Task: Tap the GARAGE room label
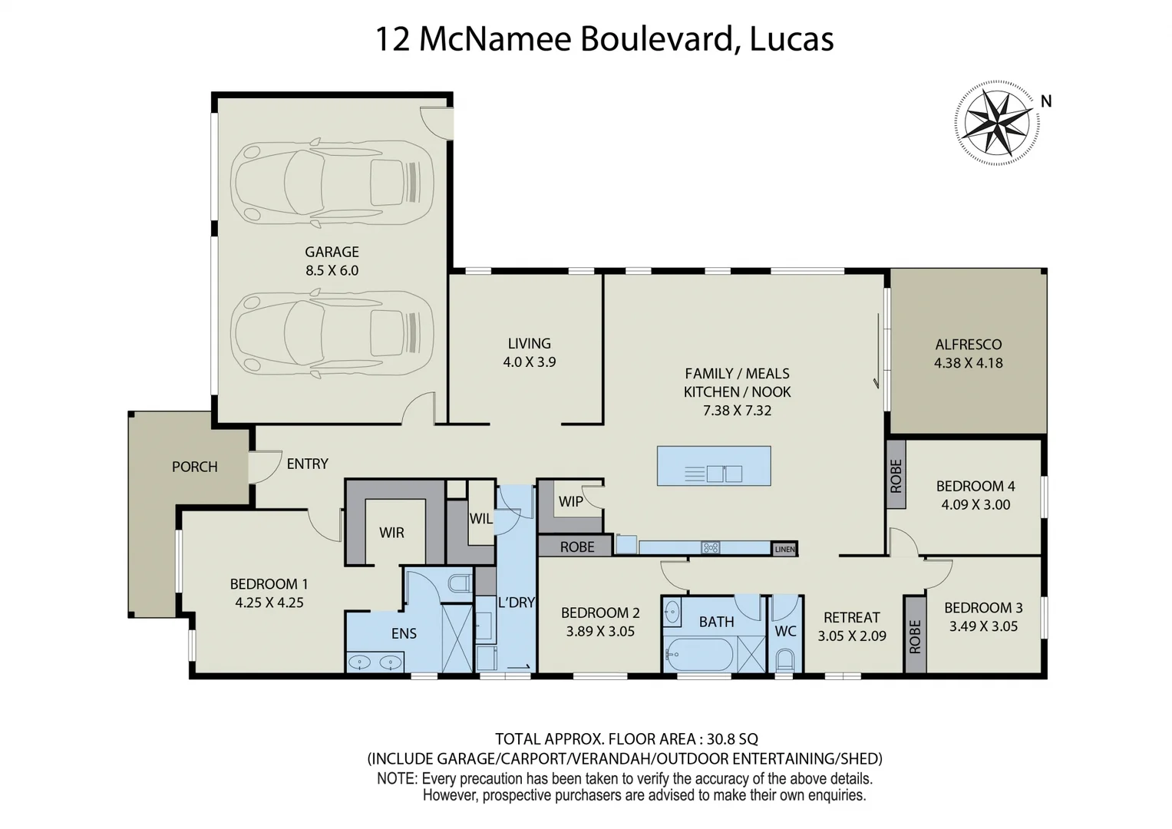click(x=332, y=252)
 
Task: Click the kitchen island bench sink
click(x=724, y=474)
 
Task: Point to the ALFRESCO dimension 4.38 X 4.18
click(x=968, y=363)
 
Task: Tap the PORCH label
click(x=194, y=467)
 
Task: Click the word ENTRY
click(x=307, y=464)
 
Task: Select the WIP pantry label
click(x=570, y=501)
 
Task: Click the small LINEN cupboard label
click(x=784, y=549)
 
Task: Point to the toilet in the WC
click(x=785, y=659)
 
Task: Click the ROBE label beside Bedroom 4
click(x=896, y=475)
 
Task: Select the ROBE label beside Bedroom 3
click(x=914, y=636)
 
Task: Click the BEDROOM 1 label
click(x=269, y=584)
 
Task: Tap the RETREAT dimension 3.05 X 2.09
click(x=851, y=636)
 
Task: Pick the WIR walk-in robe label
click(x=391, y=532)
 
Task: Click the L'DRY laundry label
click(x=516, y=603)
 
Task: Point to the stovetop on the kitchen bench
click(x=711, y=547)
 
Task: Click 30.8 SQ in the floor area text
click(x=732, y=739)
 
